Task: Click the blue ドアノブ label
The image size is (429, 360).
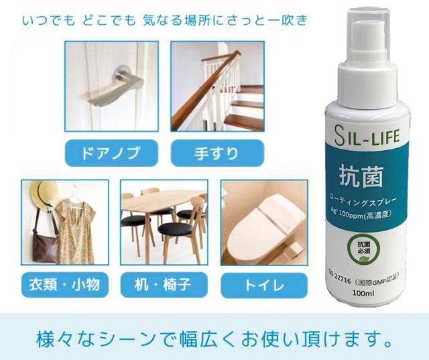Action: coord(112,153)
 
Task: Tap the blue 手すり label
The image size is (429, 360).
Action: coord(217,153)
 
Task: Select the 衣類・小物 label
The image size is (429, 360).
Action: coord(65,285)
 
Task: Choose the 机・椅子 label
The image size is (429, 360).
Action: coord(164,285)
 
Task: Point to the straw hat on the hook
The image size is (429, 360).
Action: coord(44,195)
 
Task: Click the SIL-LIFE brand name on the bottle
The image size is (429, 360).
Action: coord(367,135)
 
